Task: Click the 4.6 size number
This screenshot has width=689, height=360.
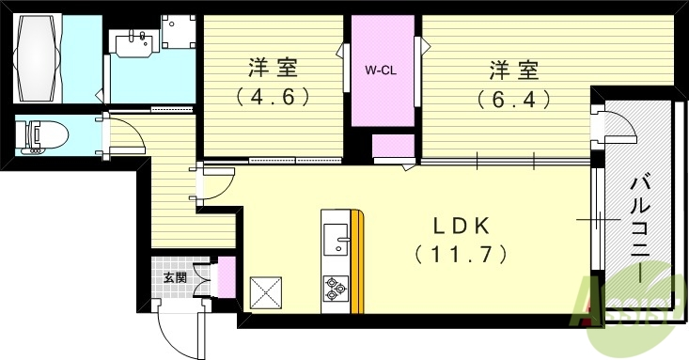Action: [273, 96]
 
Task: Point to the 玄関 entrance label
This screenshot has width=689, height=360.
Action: [174, 277]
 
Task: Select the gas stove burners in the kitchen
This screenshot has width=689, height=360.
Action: [336, 287]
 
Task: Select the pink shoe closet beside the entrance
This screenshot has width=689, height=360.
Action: [226, 279]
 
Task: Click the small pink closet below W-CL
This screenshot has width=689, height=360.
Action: [393, 148]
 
